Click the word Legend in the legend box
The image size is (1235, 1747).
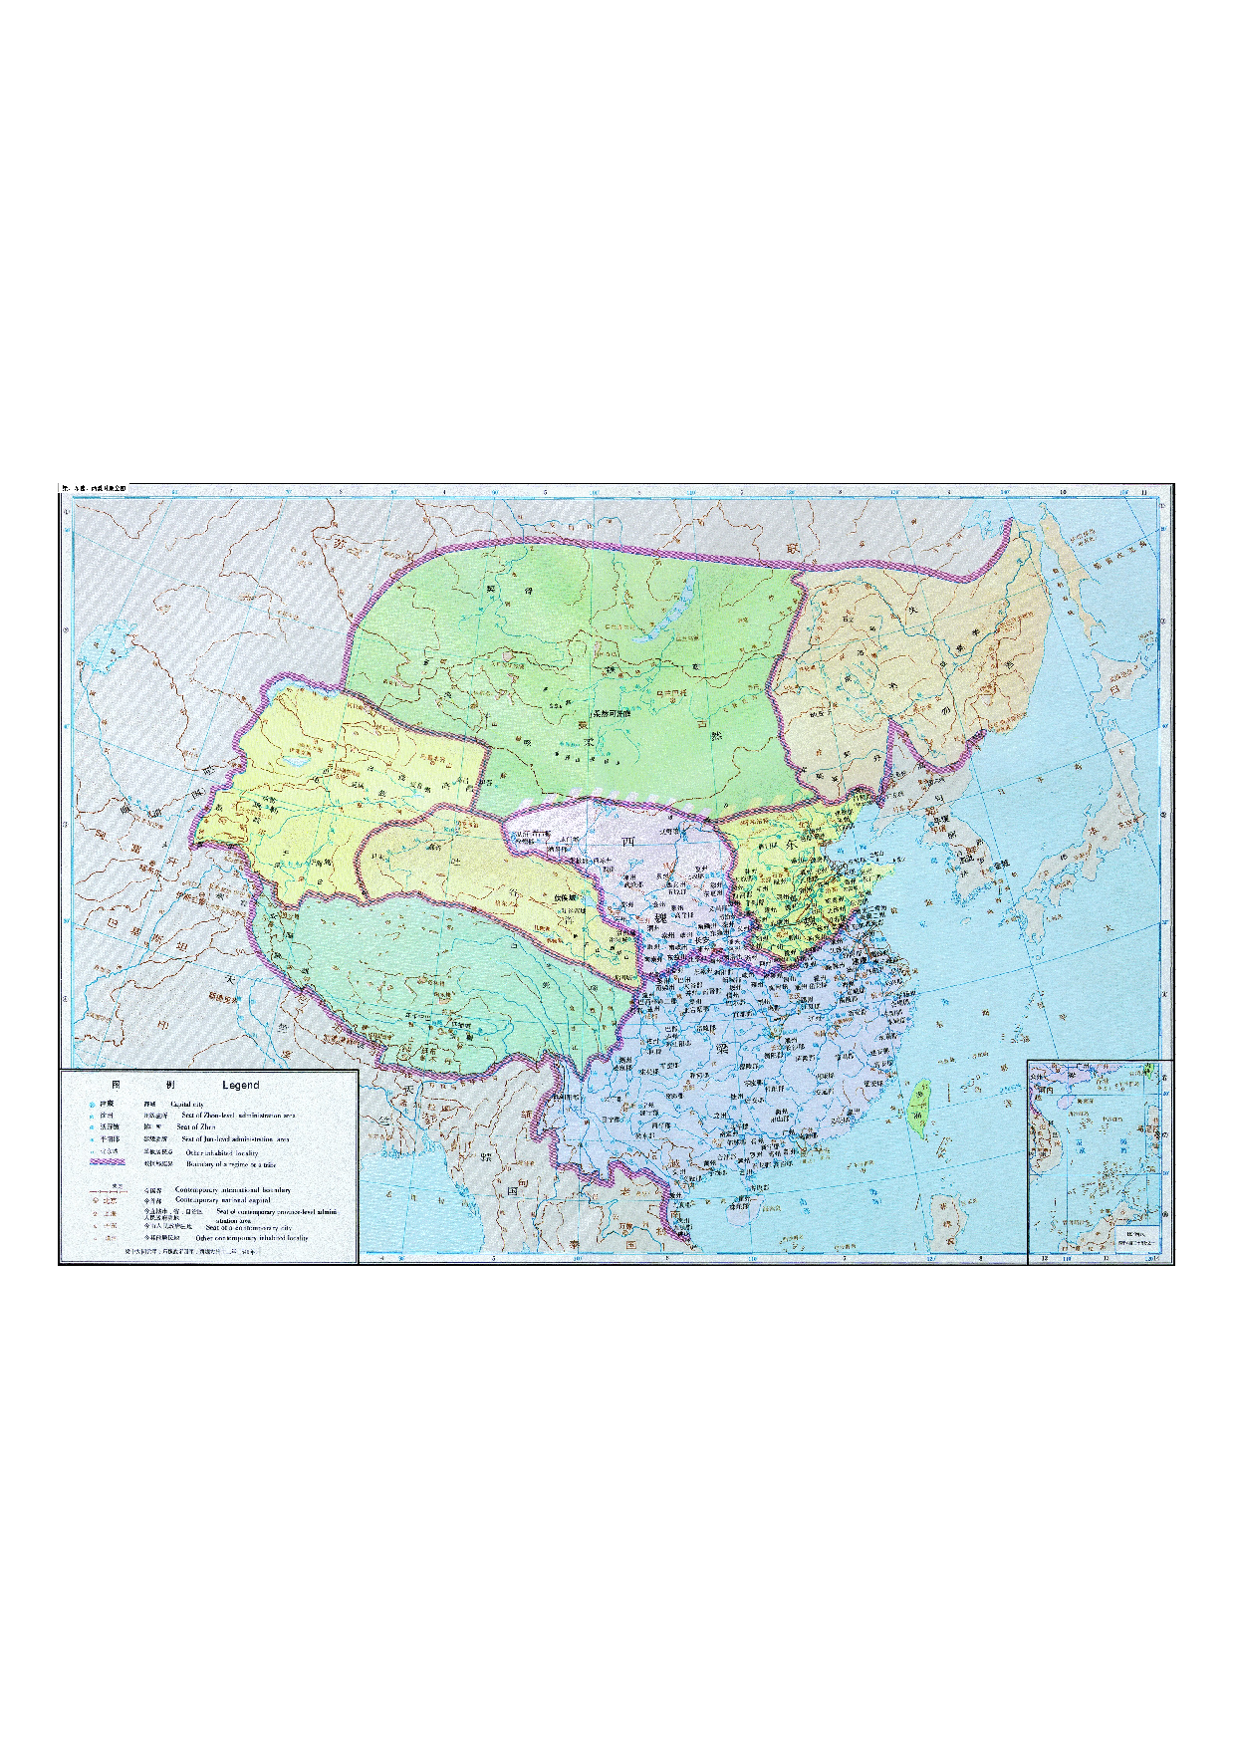(x=240, y=1085)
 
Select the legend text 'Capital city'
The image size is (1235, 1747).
(x=186, y=1105)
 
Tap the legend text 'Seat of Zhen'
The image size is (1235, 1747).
(x=195, y=1126)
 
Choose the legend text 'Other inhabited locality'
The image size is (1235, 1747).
(x=222, y=1152)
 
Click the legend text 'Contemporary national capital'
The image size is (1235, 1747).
(x=222, y=1200)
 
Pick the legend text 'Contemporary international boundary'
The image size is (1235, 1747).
(x=233, y=1189)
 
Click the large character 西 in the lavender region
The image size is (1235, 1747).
(x=628, y=842)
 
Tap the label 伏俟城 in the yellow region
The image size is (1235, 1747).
(x=570, y=896)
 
